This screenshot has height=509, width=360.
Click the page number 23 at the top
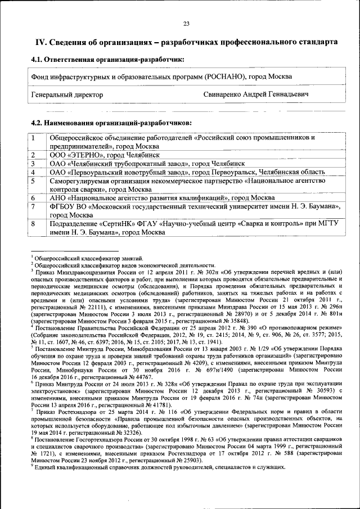186,23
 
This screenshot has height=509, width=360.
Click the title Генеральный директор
67,94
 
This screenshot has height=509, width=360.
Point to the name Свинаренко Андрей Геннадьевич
256,94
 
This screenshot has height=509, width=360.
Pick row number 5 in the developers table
34,181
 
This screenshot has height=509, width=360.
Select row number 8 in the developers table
34,224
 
